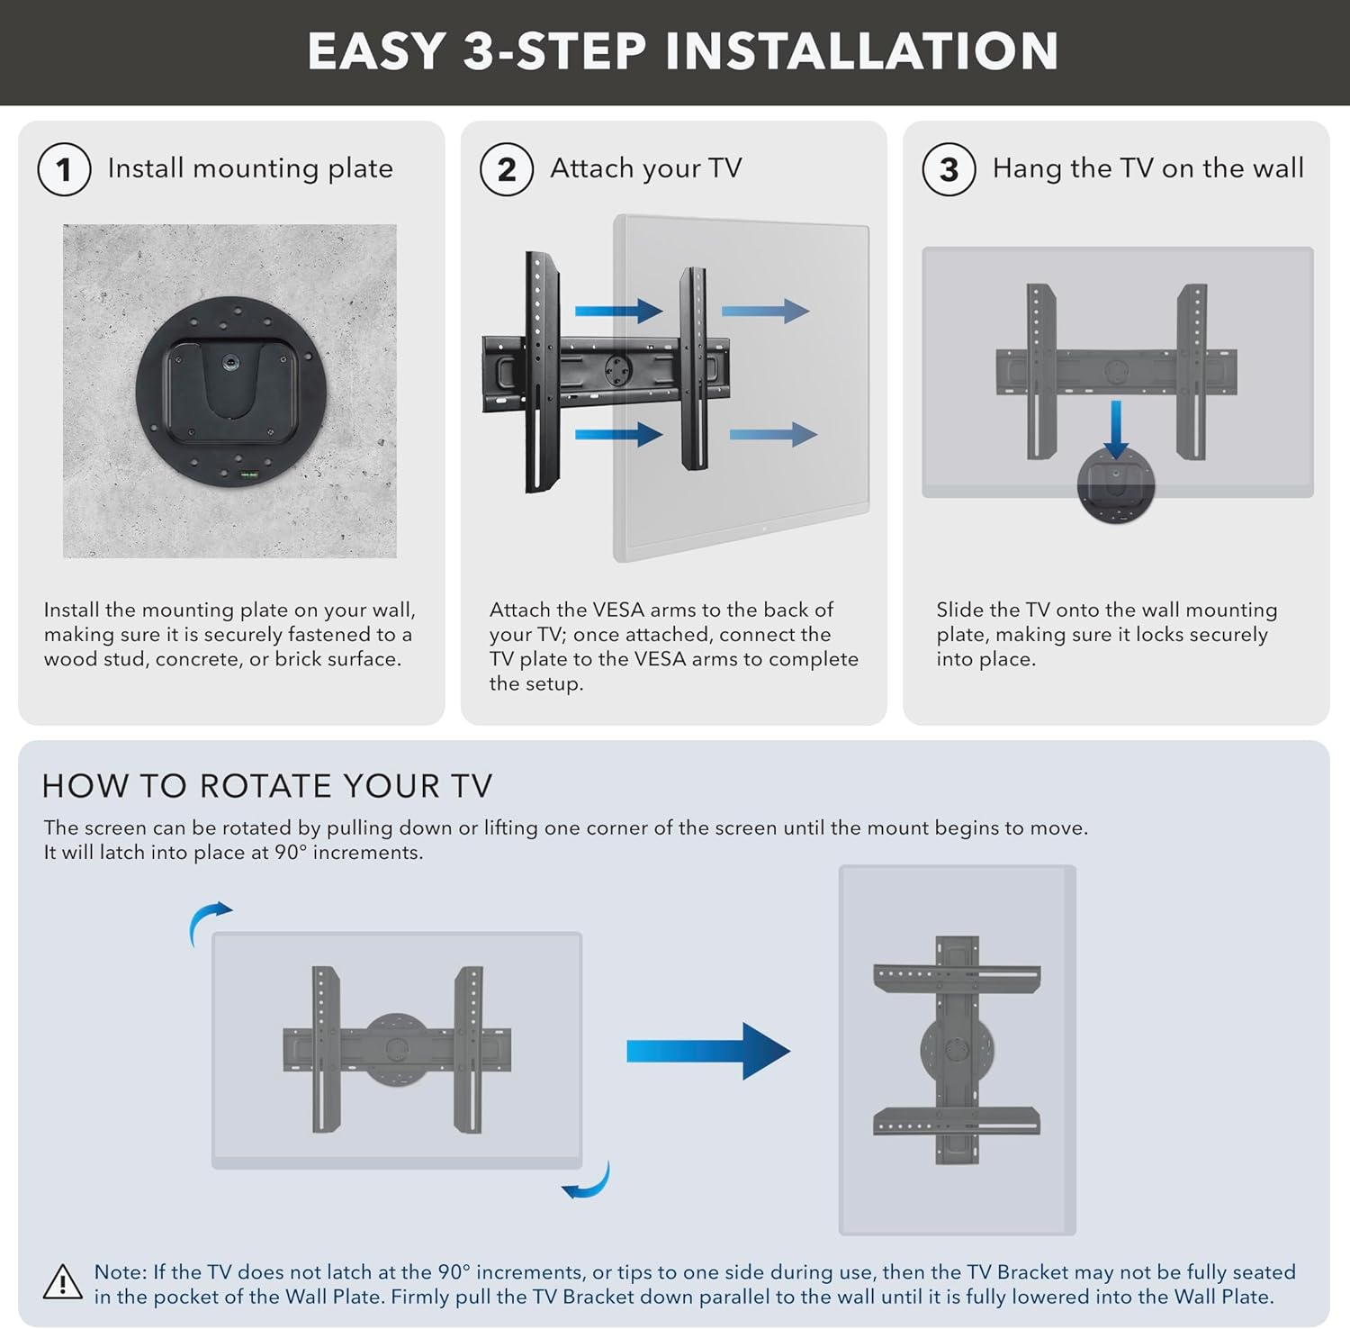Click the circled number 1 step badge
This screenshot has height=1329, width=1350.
[64, 169]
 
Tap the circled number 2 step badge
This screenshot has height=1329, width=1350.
[507, 169]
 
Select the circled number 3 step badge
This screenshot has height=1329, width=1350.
[949, 169]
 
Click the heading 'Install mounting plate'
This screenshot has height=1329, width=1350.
[250, 168]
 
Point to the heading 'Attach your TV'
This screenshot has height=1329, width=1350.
[645, 168]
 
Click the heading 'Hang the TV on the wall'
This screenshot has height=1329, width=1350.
[1147, 168]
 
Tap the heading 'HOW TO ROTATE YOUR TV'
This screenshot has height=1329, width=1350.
[267, 786]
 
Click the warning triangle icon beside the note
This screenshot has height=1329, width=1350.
[63, 1283]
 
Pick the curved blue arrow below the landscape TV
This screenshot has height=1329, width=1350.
[587, 1181]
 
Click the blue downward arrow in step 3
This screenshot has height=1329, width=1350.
[1116, 430]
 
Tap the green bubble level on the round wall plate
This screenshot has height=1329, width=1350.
[247, 474]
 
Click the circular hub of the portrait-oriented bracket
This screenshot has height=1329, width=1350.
[957, 1050]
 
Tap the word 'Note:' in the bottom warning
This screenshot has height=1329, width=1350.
[120, 1272]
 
